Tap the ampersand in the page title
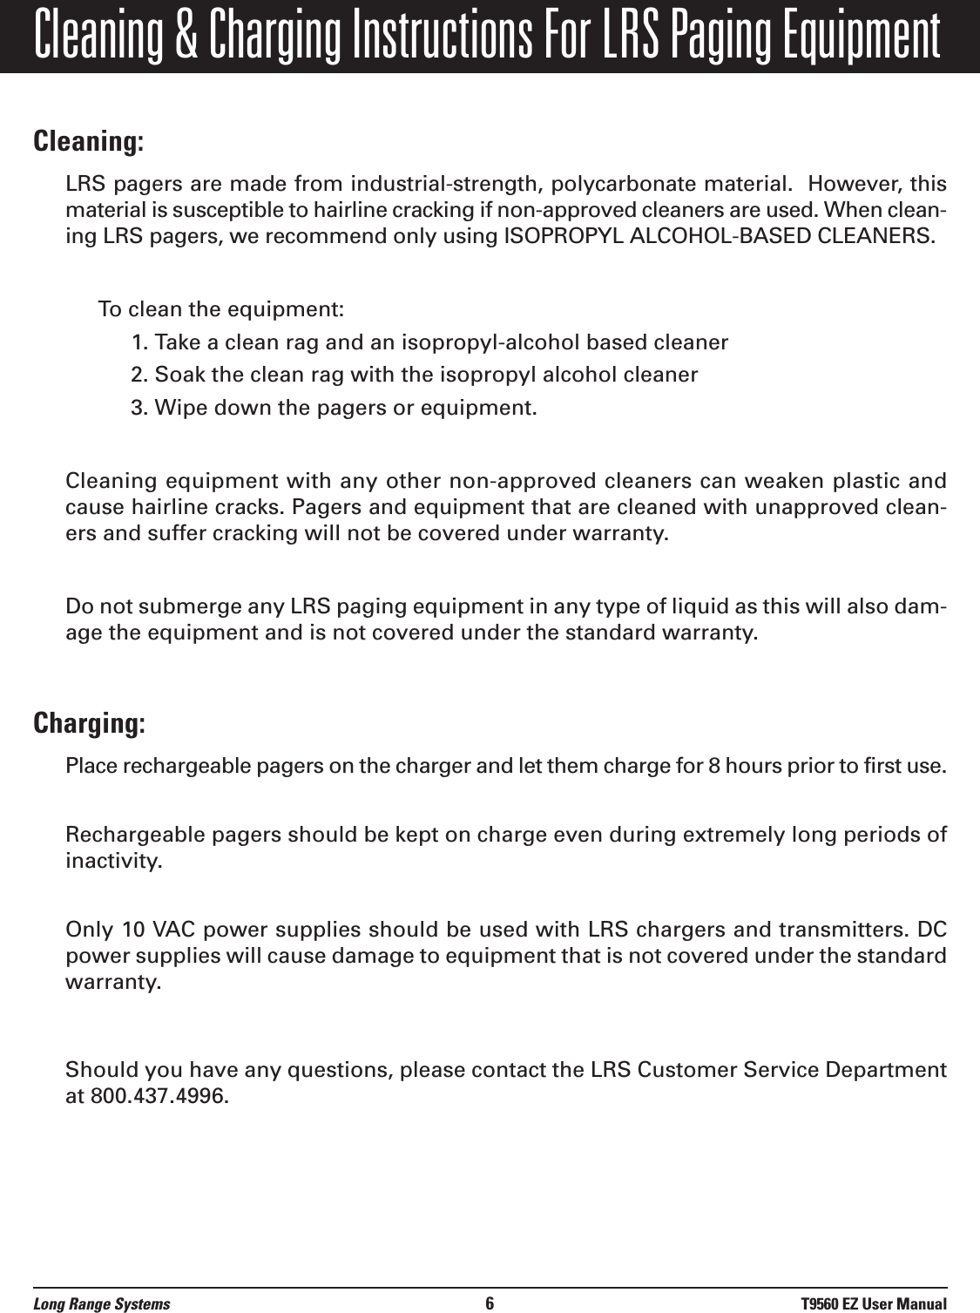pos(195,36)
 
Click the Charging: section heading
pos(89,724)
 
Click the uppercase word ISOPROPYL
pos(548,235)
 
